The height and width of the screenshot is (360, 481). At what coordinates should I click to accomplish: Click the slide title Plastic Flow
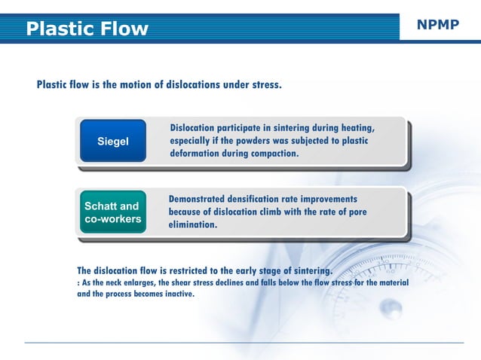(87, 29)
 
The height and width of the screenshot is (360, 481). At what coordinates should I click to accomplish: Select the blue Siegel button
(113, 141)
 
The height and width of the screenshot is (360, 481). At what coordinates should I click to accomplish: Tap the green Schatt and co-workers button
(112, 212)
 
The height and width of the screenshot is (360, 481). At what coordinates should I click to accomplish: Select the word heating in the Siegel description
(354, 127)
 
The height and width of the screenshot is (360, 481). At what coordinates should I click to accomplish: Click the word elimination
(193, 224)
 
